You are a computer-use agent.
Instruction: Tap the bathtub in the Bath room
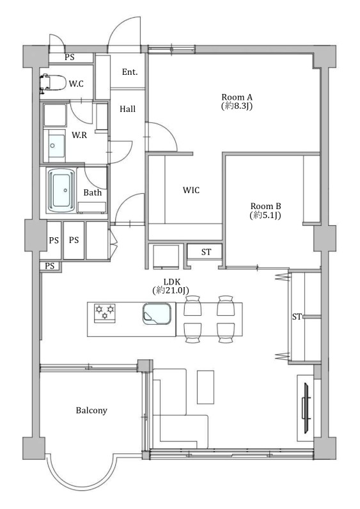tap(61, 191)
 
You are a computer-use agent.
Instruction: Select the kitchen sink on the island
tap(157, 313)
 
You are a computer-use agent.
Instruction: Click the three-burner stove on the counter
tap(104, 313)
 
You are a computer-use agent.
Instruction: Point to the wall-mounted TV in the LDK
tap(306, 408)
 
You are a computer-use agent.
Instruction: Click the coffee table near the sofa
tap(205, 387)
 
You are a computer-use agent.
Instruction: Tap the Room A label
tap(237, 97)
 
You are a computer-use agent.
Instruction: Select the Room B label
tap(265, 206)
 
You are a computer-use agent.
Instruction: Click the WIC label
tap(191, 190)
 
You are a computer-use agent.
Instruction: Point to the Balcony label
tap(91, 411)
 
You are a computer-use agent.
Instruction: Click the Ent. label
tap(130, 72)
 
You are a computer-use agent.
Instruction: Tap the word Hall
tap(128, 109)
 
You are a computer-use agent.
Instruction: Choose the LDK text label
tap(172, 282)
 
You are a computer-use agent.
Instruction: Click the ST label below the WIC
tap(206, 252)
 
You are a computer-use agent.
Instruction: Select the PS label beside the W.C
tap(70, 57)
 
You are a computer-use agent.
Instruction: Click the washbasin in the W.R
tap(57, 146)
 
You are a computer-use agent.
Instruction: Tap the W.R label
tap(79, 135)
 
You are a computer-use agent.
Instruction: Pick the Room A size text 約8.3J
tap(237, 106)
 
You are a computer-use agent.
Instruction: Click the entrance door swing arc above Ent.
tap(118, 27)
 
